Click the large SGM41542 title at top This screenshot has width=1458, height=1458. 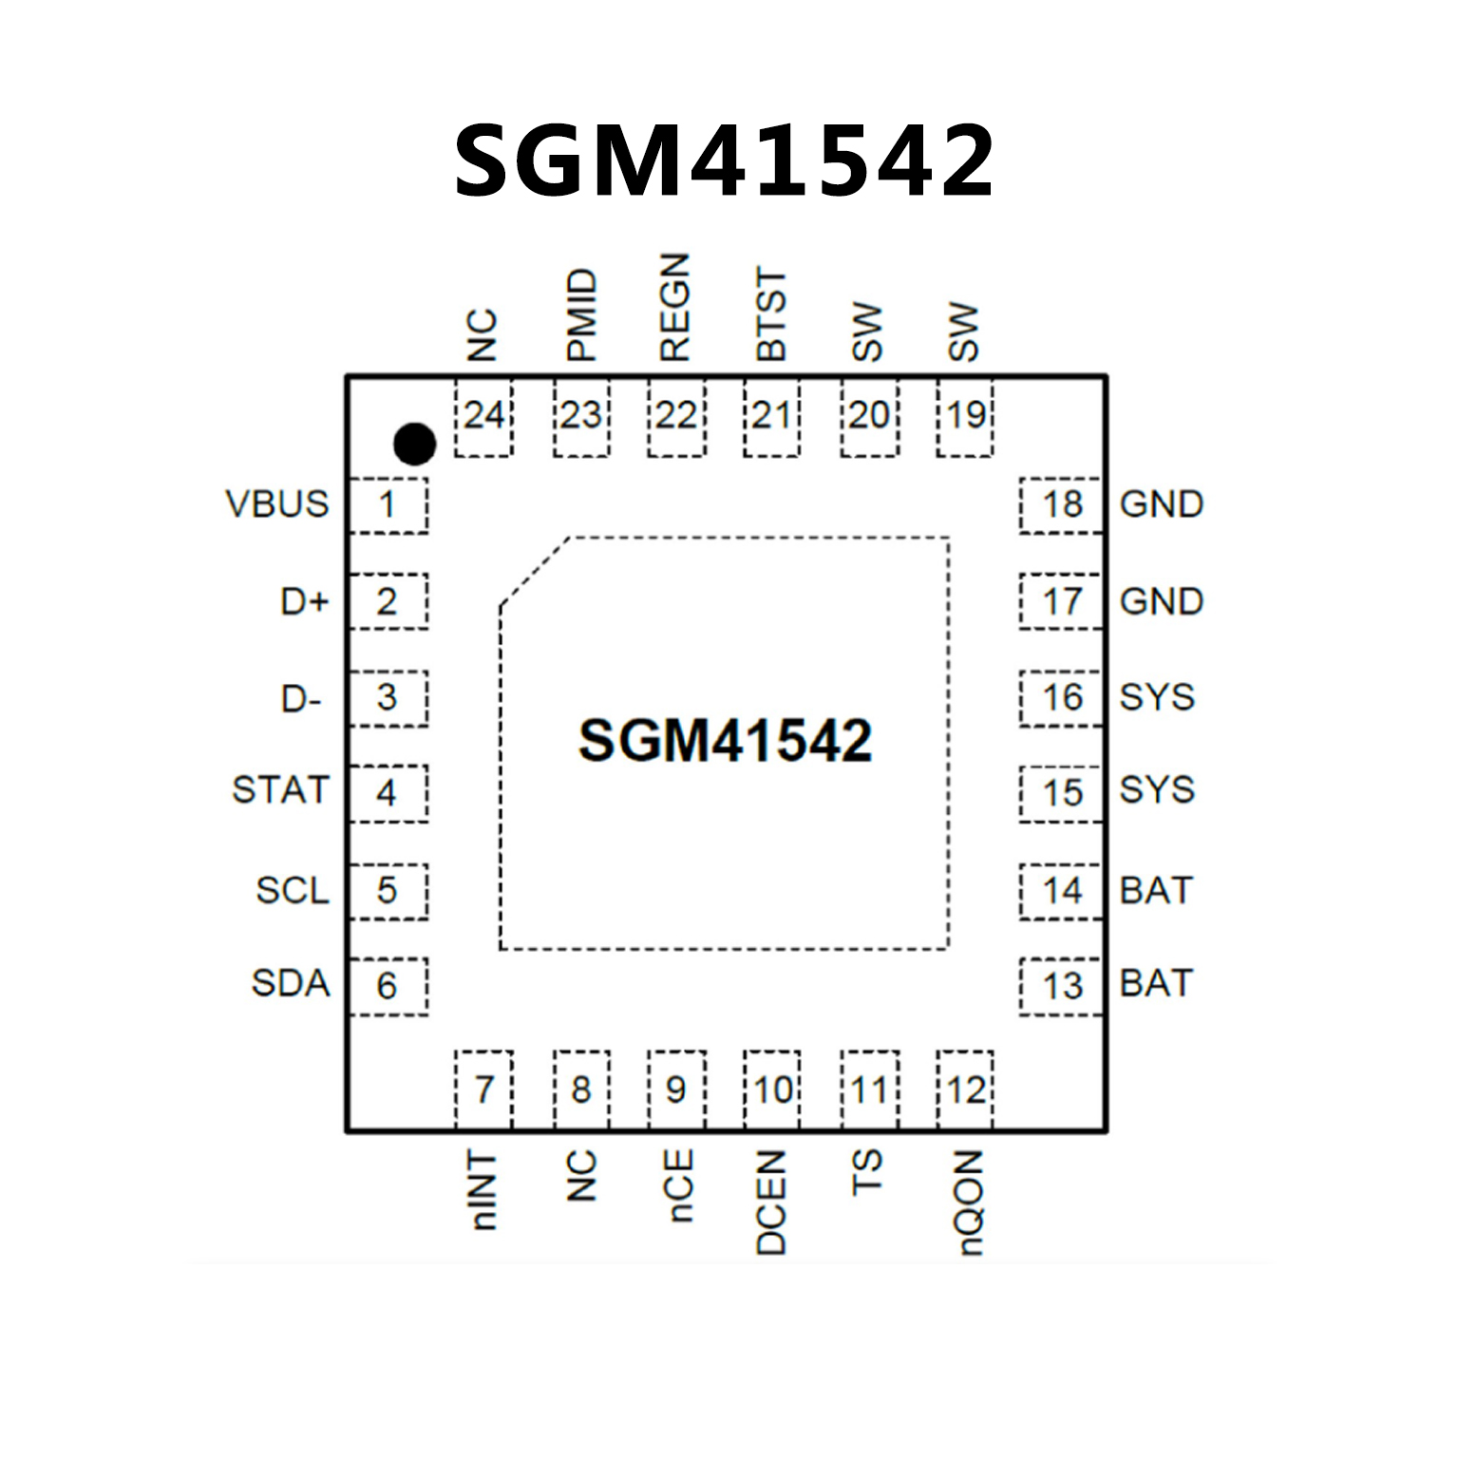[x=724, y=161]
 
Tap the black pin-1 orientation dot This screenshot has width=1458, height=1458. [x=414, y=443]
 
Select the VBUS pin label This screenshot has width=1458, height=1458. [x=277, y=503]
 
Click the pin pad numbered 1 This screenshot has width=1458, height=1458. [x=388, y=504]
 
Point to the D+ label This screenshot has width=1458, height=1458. [x=304, y=601]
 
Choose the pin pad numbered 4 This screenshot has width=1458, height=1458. [x=388, y=792]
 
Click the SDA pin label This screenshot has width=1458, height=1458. [x=290, y=983]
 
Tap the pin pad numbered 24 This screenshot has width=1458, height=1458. [x=483, y=417]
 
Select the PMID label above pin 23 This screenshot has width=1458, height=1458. [x=581, y=315]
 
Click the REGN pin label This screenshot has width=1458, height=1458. [x=674, y=307]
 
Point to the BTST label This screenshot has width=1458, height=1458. [x=771, y=314]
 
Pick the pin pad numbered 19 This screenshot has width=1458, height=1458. [x=965, y=417]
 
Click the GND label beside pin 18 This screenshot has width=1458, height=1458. [x=1161, y=503]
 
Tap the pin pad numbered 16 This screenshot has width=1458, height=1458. [x=1061, y=698]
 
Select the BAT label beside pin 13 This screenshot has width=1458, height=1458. [x=1155, y=983]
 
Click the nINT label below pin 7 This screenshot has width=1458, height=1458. [x=483, y=1191]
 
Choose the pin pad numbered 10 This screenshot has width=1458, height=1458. [x=772, y=1089]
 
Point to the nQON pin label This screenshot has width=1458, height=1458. [x=967, y=1202]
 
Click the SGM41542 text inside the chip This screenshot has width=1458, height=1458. [x=725, y=740]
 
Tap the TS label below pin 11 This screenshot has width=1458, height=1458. [x=866, y=1172]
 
